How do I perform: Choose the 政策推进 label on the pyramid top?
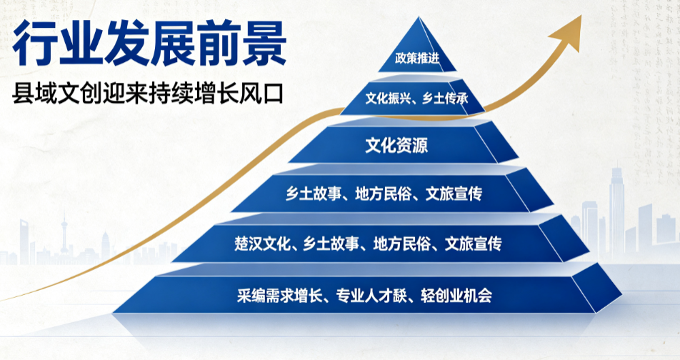[417, 58]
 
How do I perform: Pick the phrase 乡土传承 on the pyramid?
[446, 99]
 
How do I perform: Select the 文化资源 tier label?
[396, 145]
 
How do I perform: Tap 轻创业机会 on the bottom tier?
[456, 296]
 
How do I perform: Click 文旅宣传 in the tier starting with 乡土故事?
[454, 194]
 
